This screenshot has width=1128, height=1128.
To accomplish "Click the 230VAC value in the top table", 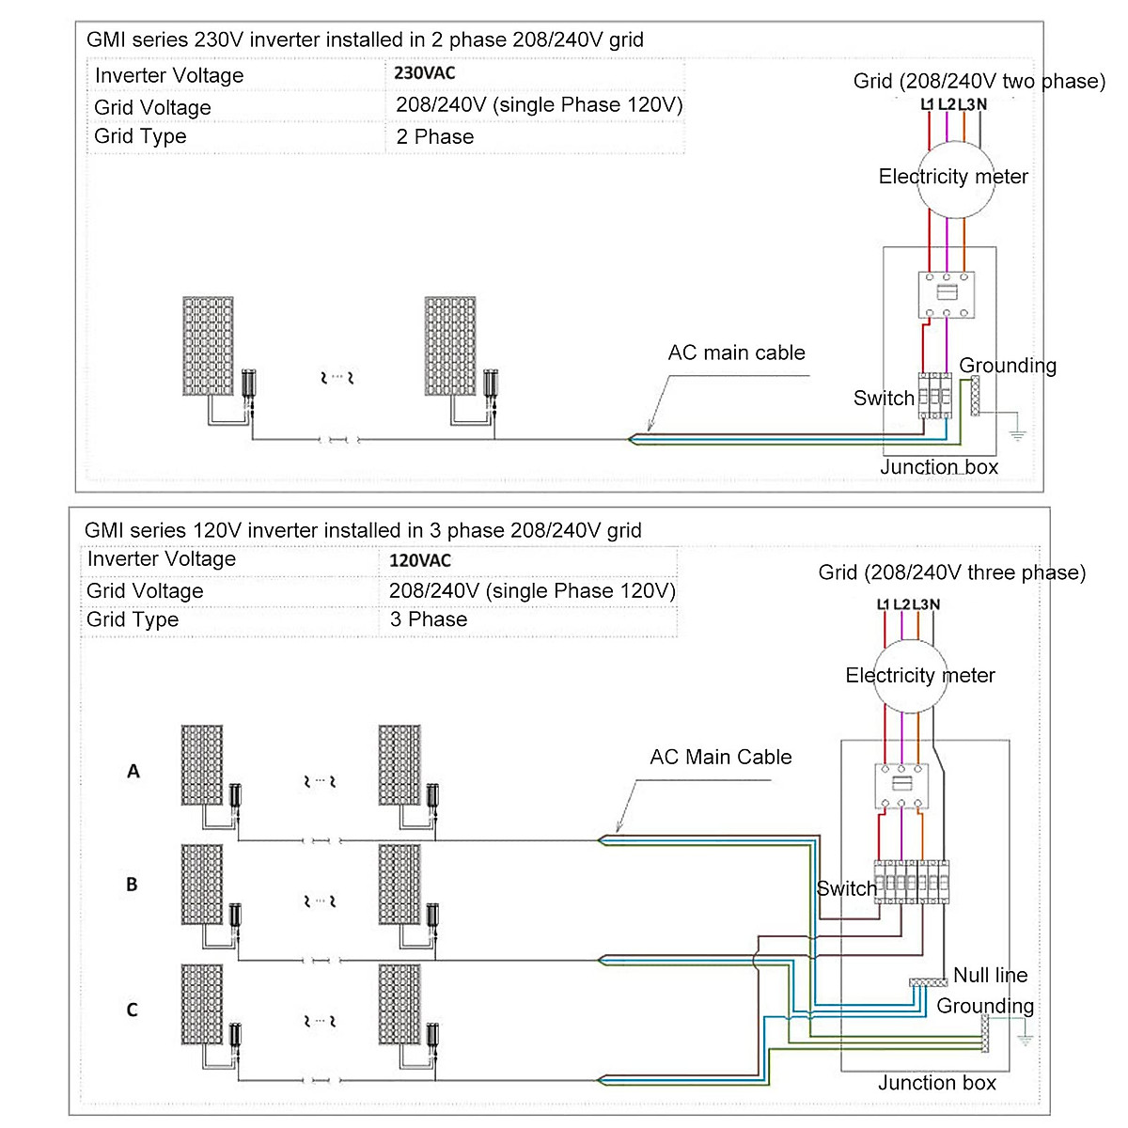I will [x=425, y=73].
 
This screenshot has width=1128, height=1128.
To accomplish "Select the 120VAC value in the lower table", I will [x=420, y=560].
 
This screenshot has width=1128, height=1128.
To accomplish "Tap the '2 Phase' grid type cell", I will [x=434, y=136].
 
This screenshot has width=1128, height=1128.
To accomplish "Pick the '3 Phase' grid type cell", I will [x=429, y=619].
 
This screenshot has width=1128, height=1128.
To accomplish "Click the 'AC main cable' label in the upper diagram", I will [x=736, y=352].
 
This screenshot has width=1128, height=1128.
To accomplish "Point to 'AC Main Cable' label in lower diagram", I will [x=720, y=757].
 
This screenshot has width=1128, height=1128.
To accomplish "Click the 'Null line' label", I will [x=990, y=975].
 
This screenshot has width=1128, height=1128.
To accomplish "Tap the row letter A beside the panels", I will [x=133, y=771].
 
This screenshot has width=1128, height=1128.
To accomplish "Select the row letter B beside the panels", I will [x=132, y=885].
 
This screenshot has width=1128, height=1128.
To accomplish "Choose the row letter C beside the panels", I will [x=132, y=1010].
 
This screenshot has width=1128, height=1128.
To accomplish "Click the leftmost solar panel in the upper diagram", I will [x=208, y=346].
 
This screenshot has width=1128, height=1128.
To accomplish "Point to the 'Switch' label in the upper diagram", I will [x=884, y=398].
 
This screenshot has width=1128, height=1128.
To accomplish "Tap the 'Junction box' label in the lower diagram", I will [x=936, y=1083].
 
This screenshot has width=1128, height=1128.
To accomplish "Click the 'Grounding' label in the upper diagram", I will [x=1007, y=366].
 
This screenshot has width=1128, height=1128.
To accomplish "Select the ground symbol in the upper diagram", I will [x=1017, y=433].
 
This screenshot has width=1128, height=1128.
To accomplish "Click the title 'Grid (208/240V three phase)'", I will [x=951, y=572].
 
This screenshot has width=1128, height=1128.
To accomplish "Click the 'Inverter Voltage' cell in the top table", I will [x=169, y=75].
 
